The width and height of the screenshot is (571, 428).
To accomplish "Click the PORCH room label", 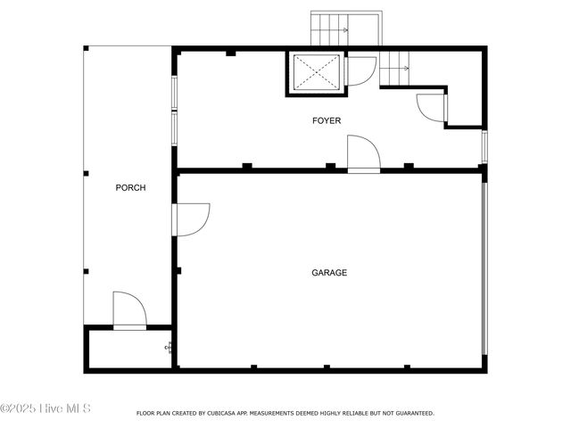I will (130, 188).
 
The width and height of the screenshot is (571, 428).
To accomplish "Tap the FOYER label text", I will (326, 120).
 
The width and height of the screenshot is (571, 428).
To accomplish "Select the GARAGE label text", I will (329, 273).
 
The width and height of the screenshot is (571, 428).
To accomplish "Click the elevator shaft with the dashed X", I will (315, 72).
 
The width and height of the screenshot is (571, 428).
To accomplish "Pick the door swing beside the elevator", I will (360, 70).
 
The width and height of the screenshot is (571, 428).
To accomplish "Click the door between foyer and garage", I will (363, 153).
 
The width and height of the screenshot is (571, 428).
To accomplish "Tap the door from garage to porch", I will (191, 219).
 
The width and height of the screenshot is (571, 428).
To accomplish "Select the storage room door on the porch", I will (129, 311).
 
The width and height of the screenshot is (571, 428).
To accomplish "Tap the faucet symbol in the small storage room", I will (168, 348).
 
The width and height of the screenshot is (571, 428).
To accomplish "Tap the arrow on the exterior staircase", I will (342, 29).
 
